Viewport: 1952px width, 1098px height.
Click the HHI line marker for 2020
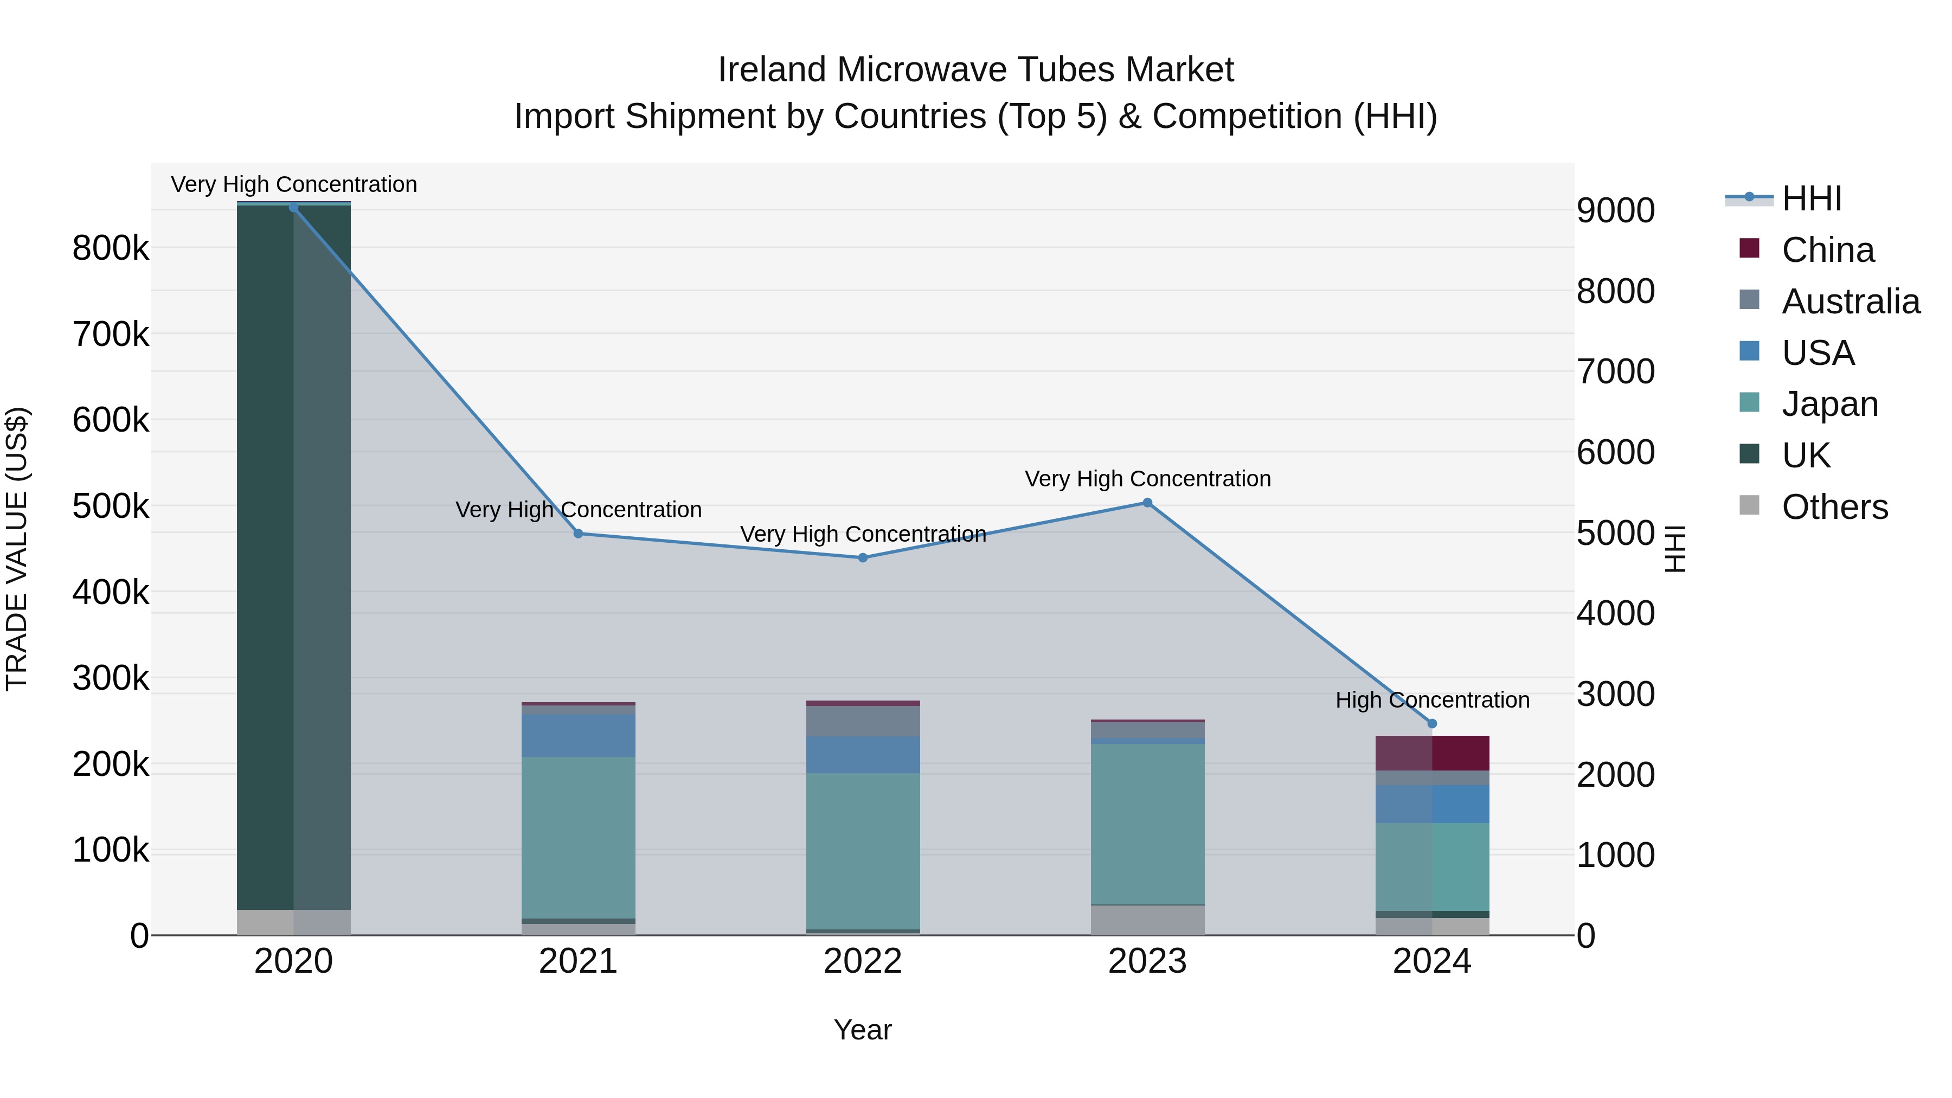(x=294, y=208)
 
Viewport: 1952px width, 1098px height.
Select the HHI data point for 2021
(x=578, y=534)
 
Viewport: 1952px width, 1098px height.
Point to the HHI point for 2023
(x=1147, y=503)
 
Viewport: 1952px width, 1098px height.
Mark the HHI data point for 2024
(x=1432, y=724)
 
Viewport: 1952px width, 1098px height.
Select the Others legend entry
(x=1834, y=507)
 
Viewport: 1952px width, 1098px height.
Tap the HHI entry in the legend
(x=1811, y=198)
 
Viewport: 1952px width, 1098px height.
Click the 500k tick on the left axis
(x=111, y=506)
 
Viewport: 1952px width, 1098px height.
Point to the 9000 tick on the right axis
(x=1616, y=211)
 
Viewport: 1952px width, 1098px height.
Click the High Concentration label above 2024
(x=1432, y=699)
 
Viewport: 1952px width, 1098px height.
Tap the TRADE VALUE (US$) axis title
(x=17, y=549)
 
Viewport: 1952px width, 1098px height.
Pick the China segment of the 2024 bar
(x=1432, y=753)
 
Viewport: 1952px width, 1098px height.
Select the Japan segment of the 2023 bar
(x=1147, y=824)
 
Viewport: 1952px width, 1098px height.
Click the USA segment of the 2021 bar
(x=578, y=735)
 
